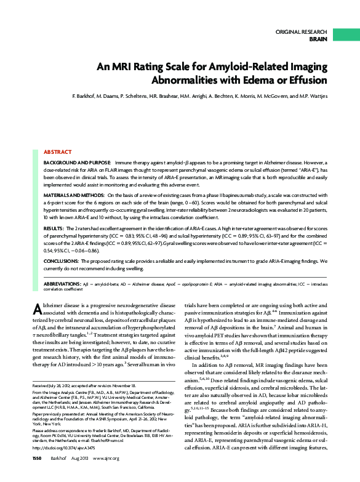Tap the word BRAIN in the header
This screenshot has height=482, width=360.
(x=318, y=38)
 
